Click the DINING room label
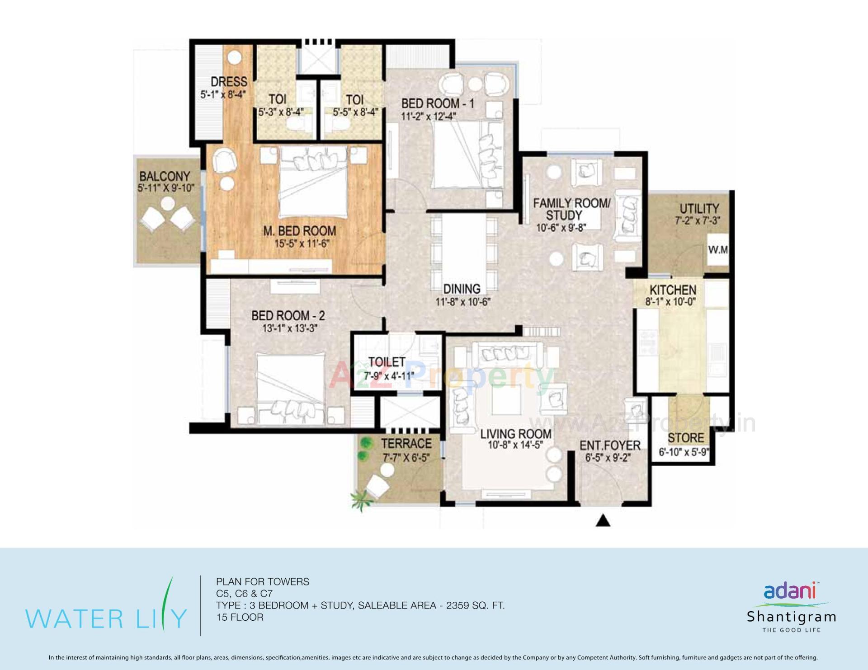pyautogui.click(x=462, y=289)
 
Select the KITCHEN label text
pyautogui.click(x=673, y=290)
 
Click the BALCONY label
pyautogui.click(x=165, y=176)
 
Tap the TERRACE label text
pyautogui.click(x=406, y=443)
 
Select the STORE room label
pyautogui.click(x=685, y=438)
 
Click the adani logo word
pyautogui.click(x=789, y=591)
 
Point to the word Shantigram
pyautogui.click(x=791, y=617)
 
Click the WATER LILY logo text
pyautogui.click(x=106, y=618)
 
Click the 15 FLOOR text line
pyautogui.click(x=240, y=617)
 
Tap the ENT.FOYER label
pyautogui.click(x=610, y=445)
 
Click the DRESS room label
pyautogui.click(x=229, y=82)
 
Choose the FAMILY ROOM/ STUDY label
pyautogui.click(x=571, y=209)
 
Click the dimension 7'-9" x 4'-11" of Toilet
pyautogui.click(x=389, y=375)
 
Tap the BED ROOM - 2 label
pyautogui.click(x=288, y=315)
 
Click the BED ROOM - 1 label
pyautogui.click(x=438, y=103)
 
